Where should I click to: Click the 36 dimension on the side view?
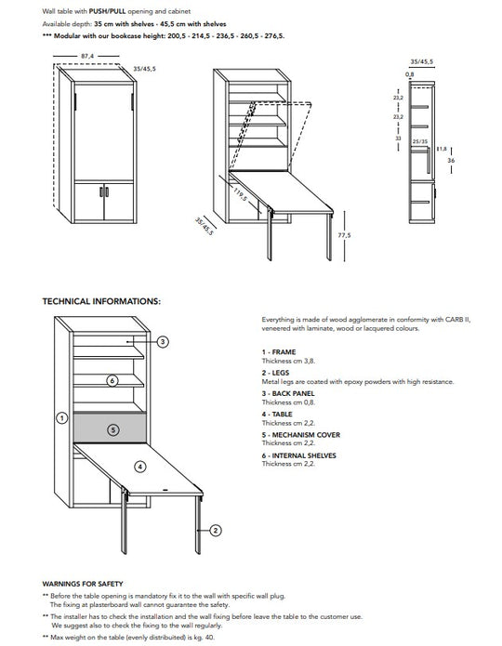point(450,161)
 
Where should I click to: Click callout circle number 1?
point(61,418)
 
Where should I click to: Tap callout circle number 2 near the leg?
point(215,530)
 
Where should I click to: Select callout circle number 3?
point(163,342)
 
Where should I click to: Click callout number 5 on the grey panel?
point(112,429)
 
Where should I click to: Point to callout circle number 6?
point(112,380)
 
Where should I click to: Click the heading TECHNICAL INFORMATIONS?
point(101,301)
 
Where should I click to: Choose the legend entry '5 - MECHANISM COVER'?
point(300,435)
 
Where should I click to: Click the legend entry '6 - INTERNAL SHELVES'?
point(299,455)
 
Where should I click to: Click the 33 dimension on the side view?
point(398,138)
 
